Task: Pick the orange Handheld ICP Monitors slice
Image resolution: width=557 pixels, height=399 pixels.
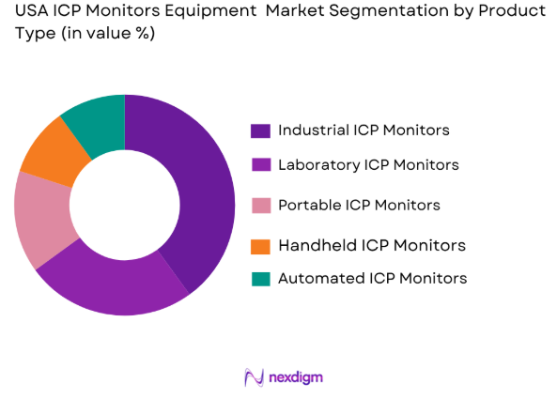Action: [x=53, y=150]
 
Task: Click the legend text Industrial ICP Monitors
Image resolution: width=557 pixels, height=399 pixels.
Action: [x=364, y=130]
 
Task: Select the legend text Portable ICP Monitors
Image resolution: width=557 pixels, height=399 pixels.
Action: [x=359, y=205]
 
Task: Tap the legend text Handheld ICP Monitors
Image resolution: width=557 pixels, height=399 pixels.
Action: [x=371, y=246]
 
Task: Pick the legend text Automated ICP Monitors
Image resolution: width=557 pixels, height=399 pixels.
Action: [x=372, y=278]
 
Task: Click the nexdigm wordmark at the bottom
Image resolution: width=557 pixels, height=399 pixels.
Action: [x=295, y=377]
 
